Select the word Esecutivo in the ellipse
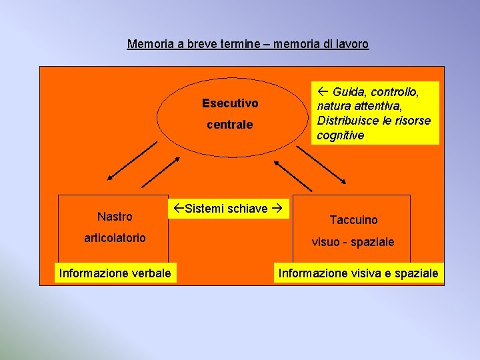pyautogui.click(x=230, y=103)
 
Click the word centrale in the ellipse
pyautogui.click(x=230, y=125)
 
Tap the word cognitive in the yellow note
pyautogui.click(x=340, y=135)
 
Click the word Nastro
pyautogui.click(x=115, y=216)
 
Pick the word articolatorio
pyautogui.click(x=115, y=238)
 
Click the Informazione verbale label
pyautogui.click(x=115, y=273)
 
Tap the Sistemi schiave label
pyautogui.click(x=227, y=209)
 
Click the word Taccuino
pyautogui.click(x=353, y=220)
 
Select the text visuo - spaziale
pyautogui.click(x=353, y=242)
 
